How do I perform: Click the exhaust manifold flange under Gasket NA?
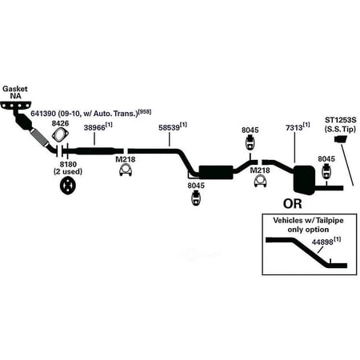(x=16, y=105)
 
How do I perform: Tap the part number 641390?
(x=43, y=114)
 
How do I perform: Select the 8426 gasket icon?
(x=60, y=134)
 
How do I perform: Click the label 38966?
(x=94, y=128)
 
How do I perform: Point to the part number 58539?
(x=169, y=128)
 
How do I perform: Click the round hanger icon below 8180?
(x=68, y=186)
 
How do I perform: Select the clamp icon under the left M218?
(x=126, y=170)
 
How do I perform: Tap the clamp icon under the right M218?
(x=260, y=182)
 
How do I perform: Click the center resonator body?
(x=216, y=172)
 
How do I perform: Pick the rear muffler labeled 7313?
(x=304, y=180)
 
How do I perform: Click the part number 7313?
(x=294, y=128)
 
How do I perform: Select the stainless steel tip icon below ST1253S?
(x=341, y=139)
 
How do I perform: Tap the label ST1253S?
(x=341, y=120)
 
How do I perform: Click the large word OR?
(x=293, y=204)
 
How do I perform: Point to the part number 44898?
(x=322, y=242)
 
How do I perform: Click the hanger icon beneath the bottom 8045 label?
(x=196, y=198)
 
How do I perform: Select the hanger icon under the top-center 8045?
(x=250, y=142)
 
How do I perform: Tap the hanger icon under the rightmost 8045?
(x=326, y=171)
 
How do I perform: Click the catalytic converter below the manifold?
(x=24, y=122)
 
